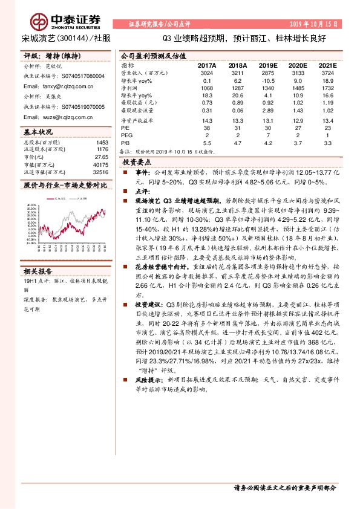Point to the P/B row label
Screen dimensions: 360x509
coord(125,143)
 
